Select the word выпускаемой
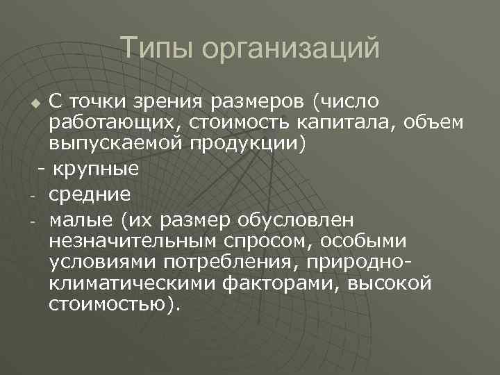[x=114, y=145]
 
